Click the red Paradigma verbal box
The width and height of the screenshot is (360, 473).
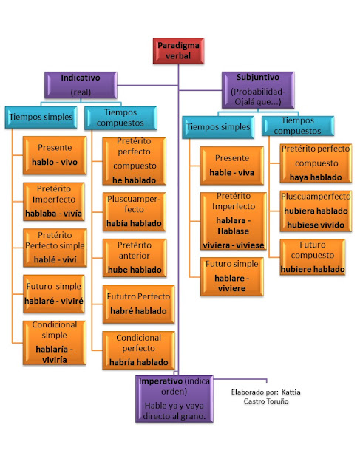(x=178, y=52)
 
